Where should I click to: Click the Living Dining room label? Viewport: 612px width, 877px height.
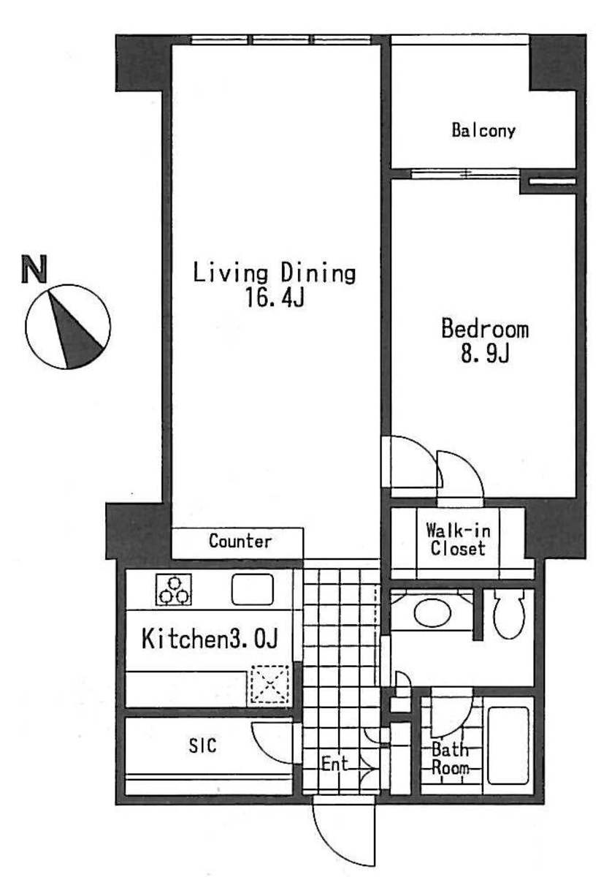click(x=275, y=273)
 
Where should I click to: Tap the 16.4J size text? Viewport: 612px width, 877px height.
click(x=275, y=297)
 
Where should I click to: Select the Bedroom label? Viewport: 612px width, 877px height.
click(x=485, y=329)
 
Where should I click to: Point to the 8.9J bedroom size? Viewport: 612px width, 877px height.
click(x=485, y=354)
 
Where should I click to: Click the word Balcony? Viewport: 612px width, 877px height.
click(x=483, y=130)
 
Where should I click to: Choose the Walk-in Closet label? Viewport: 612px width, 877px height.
click(x=458, y=539)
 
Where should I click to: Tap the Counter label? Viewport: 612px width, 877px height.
click(x=240, y=541)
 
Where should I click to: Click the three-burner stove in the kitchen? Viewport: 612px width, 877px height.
click(x=174, y=590)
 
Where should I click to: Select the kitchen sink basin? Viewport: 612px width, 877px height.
click(x=253, y=589)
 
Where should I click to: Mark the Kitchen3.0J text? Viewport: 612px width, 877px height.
click(x=210, y=639)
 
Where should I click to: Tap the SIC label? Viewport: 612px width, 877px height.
click(x=202, y=745)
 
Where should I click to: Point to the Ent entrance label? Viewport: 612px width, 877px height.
click(x=334, y=764)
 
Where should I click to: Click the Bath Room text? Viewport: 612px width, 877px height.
click(x=450, y=759)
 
